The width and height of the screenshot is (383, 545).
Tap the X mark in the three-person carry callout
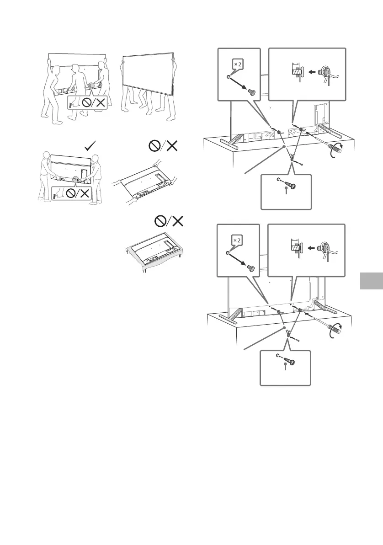click(x=99, y=104)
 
